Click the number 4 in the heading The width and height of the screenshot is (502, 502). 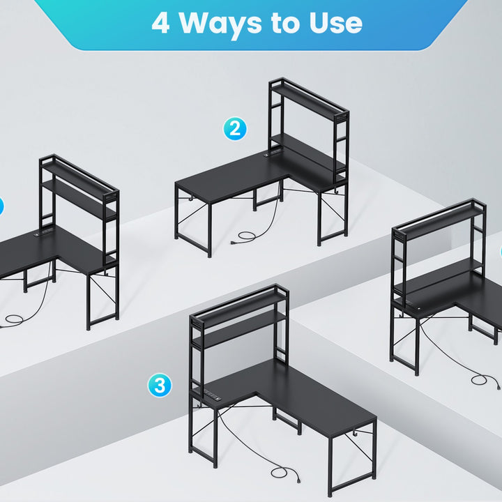[160, 23]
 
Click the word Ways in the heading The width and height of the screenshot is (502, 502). [220, 24]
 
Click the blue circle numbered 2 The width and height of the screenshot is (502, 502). [235, 129]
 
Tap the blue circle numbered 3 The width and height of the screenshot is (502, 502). [160, 385]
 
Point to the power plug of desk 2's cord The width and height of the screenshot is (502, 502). [234, 243]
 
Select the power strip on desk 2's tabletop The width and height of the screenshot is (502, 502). [272, 155]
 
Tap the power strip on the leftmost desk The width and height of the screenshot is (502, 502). [44, 233]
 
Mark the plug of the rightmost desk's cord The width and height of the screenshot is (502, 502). [497, 386]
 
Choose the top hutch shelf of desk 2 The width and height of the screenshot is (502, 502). [309, 98]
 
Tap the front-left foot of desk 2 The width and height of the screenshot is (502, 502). [209, 255]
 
